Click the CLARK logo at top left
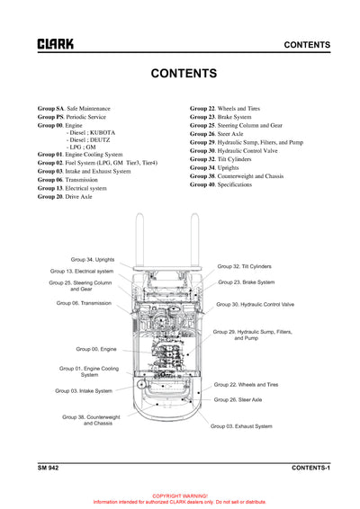point(55,44)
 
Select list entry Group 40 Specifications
point(227,184)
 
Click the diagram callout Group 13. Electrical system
point(82,271)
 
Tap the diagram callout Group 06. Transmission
point(84,303)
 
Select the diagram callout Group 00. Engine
point(95,348)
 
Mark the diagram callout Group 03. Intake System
point(84,390)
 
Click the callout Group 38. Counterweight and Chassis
point(91,420)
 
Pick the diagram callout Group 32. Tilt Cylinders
point(244,266)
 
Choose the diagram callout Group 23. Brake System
point(246,281)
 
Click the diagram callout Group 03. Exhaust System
point(240,425)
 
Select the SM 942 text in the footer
point(48,469)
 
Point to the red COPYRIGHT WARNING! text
point(180,496)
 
